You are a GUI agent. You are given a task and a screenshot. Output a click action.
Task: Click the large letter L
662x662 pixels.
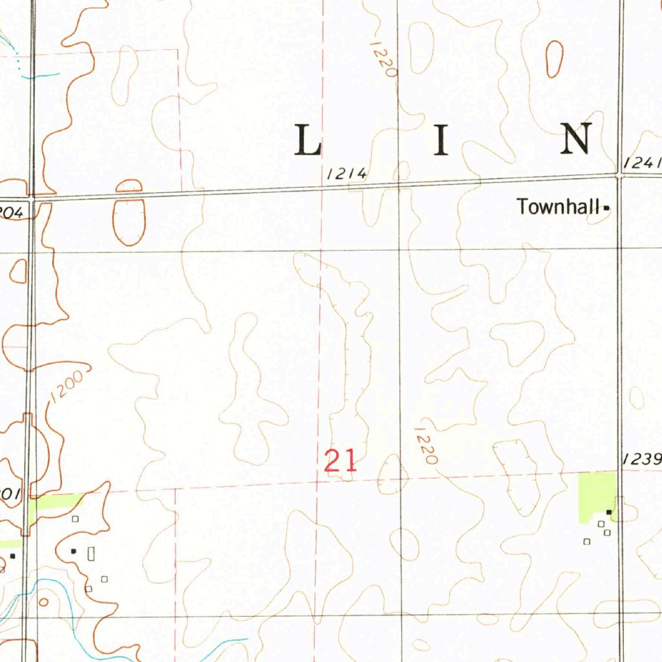pyautogui.click(x=308, y=140)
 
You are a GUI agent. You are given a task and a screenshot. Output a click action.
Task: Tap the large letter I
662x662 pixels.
pyautogui.click(x=441, y=140)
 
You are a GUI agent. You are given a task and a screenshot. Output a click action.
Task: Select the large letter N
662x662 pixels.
pyautogui.click(x=577, y=139)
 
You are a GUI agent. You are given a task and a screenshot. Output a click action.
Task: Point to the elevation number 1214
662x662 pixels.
pyautogui.click(x=347, y=173)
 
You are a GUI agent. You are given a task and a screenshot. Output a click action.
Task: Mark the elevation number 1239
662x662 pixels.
pyautogui.click(x=643, y=460)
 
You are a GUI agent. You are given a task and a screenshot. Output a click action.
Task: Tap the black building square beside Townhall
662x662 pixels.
pyautogui.click(x=606, y=208)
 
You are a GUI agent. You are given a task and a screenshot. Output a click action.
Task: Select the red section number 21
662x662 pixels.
pyautogui.click(x=340, y=461)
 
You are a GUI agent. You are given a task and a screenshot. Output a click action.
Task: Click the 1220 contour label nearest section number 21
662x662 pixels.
pyautogui.click(x=427, y=445)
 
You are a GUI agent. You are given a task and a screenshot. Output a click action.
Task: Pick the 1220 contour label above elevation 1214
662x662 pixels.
pyautogui.click(x=383, y=59)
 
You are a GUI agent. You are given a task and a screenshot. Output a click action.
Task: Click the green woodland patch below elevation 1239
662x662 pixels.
pyautogui.click(x=596, y=495)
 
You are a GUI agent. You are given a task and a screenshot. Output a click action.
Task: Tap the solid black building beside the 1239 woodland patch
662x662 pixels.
pyautogui.click(x=609, y=512)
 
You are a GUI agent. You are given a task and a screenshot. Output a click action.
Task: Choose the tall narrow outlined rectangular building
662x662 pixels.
pyautogui.click(x=91, y=553)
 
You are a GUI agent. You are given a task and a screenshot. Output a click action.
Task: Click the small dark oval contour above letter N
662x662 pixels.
pyautogui.click(x=555, y=58)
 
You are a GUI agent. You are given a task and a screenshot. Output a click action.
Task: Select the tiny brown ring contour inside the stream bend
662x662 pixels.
pyautogui.click(x=43, y=602)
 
